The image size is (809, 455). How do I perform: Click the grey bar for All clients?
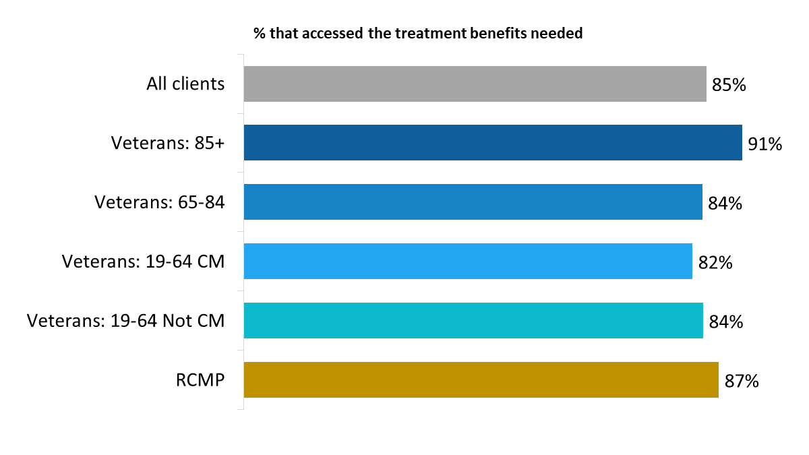[475, 84]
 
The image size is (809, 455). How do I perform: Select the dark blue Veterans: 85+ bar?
[493, 143]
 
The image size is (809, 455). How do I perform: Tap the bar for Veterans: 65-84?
[473, 202]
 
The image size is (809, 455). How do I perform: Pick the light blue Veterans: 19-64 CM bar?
[468, 262]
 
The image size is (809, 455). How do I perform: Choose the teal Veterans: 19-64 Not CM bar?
[473, 321]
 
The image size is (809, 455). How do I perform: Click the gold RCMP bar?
[481, 380]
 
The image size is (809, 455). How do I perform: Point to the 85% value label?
[728, 85]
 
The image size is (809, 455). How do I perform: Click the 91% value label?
[765, 144]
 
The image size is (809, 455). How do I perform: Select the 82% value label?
[715, 262]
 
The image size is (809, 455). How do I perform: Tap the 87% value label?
[741, 381]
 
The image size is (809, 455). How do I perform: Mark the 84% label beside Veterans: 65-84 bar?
[725, 203]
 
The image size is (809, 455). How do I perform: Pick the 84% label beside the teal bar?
[725, 322]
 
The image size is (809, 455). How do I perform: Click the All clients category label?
[185, 84]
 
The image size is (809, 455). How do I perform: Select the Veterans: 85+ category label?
[167, 144]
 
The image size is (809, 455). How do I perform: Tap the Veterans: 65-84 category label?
[159, 202]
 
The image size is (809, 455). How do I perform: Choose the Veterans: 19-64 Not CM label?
[125, 321]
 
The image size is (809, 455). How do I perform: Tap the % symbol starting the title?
[259, 33]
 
